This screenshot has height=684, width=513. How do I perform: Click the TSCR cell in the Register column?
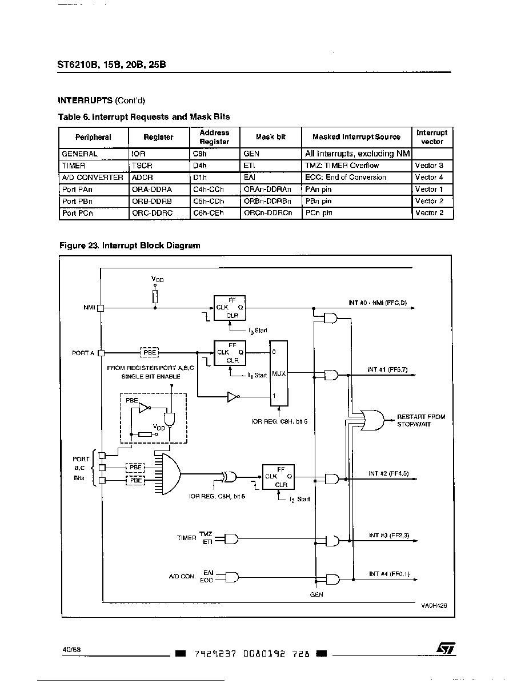click(142, 166)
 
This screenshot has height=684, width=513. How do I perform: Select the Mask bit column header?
click(271, 137)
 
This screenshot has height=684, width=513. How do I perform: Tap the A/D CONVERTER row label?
click(93, 178)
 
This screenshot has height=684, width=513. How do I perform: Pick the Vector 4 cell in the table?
click(429, 177)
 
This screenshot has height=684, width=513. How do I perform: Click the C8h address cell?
click(200, 154)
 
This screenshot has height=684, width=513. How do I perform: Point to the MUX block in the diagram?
click(279, 373)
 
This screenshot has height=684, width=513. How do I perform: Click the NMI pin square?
click(101, 308)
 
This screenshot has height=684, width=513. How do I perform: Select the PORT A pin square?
click(101, 352)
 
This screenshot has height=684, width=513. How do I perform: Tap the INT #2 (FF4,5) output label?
click(388, 473)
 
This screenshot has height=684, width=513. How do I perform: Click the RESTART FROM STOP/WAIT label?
click(421, 421)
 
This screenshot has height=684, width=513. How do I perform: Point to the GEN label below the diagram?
click(316, 594)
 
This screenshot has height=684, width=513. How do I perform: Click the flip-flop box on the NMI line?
click(230, 308)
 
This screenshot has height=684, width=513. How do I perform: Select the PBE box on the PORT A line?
click(150, 352)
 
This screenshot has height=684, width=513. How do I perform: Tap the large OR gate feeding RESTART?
click(373, 421)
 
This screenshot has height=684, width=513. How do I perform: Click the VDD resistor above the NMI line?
click(155, 296)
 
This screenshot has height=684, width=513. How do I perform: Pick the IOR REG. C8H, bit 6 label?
click(279, 421)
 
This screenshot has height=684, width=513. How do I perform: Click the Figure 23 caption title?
click(130, 246)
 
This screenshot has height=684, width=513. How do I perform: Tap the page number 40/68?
click(71, 649)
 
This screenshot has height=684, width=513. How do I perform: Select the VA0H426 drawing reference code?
click(434, 605)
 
